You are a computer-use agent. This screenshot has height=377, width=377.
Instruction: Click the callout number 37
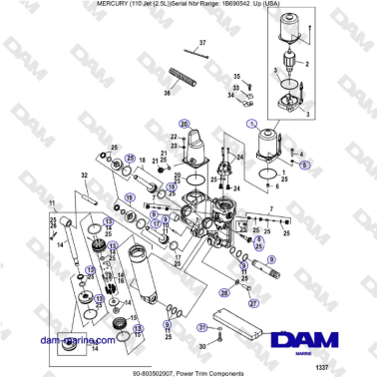[x=200, y=44]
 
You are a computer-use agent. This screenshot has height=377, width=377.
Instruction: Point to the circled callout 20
[x=184, y=122]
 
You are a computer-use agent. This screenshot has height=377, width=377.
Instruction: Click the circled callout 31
[x=201, y=328]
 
